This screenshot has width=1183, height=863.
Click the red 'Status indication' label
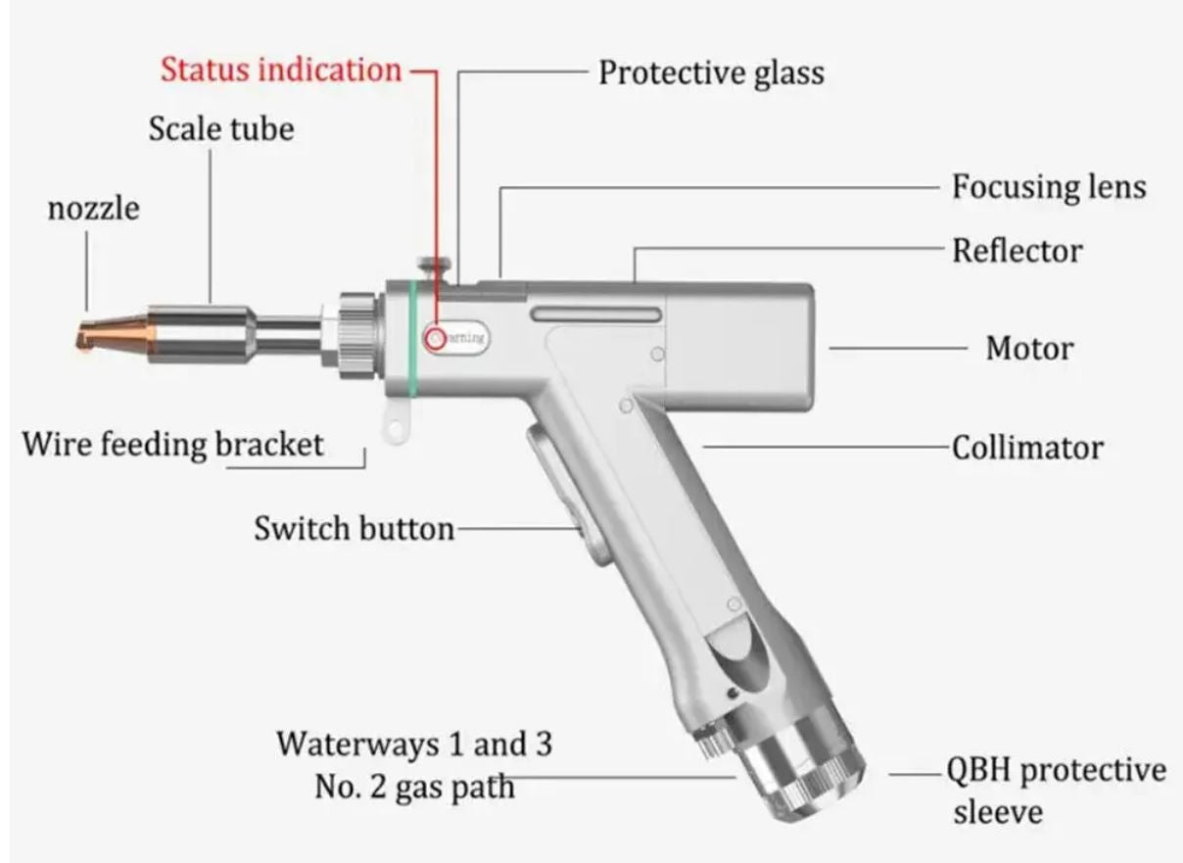[281, 71]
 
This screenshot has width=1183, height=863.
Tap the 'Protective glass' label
[711, 73]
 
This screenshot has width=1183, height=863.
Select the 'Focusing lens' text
[1048, 187]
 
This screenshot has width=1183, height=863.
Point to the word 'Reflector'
[1017, 251]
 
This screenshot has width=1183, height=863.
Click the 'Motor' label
[1028, 348]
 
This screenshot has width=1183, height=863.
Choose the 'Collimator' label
[1027, 449]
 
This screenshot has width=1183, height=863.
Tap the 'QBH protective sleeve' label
[1055, 789]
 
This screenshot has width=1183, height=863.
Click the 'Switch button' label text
[355, 529]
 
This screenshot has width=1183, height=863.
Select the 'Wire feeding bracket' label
[172, 444]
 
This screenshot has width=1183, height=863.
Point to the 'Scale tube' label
[221, 129]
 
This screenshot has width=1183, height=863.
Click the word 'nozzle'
[94, 208]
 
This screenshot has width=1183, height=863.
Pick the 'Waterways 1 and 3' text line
[413, 743]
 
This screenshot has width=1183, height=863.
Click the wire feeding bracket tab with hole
[395, 423]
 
